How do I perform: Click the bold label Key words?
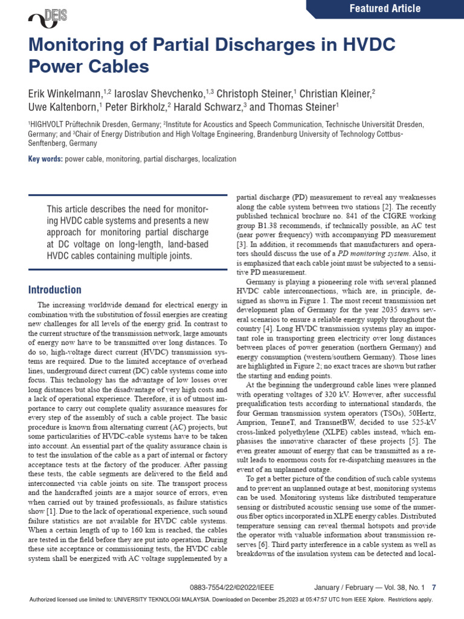(45, 159)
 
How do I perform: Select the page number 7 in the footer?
(434, 587)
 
